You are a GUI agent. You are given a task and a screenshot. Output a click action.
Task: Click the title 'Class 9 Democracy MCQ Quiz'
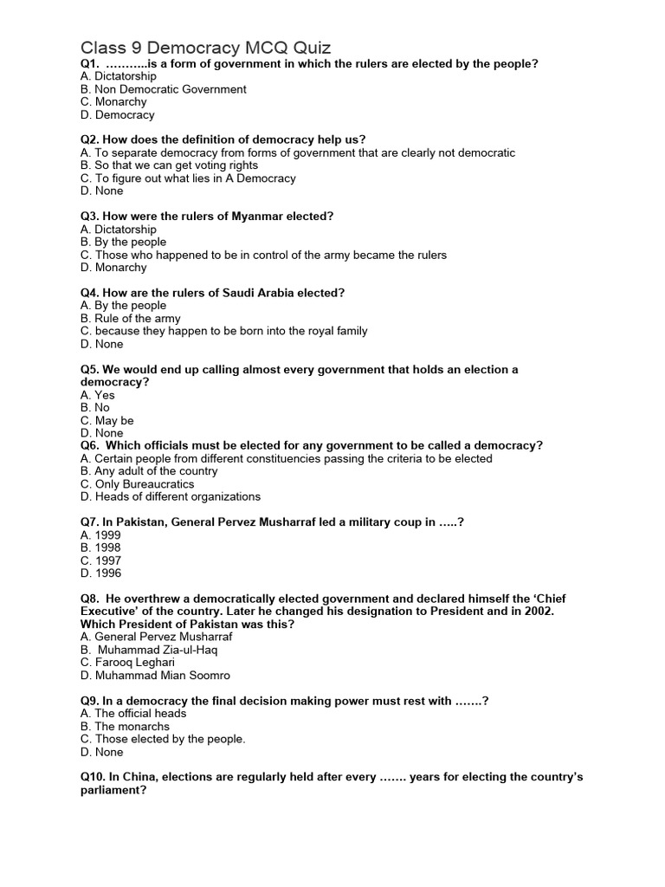coord(206,47)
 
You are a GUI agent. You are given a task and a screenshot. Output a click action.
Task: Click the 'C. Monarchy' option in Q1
coord(113,101)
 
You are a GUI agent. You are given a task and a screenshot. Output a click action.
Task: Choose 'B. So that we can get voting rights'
coord(169,165)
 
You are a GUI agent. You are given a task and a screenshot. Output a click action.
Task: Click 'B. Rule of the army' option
coord(130,318)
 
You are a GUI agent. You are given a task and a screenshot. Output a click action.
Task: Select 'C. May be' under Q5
coord(107,420)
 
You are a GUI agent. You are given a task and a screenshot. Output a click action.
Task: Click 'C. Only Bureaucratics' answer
coord(137,484)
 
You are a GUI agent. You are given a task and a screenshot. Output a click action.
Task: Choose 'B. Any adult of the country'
coord(148,471)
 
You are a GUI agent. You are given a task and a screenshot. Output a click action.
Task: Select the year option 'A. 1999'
coord(100,535)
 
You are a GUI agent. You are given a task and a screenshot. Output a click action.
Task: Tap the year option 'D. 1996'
coord(100,573)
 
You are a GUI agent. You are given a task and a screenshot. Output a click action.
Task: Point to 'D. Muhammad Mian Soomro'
coord(155,675)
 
